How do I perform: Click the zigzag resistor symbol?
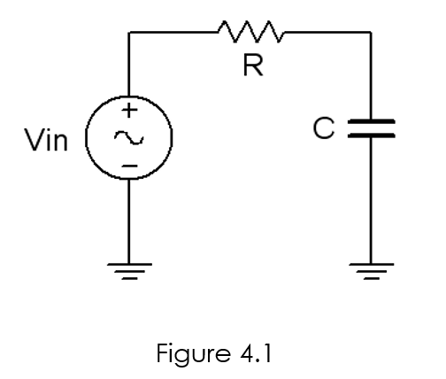[251, 35]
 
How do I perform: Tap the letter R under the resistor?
[252, 67]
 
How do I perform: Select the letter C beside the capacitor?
[324, 128]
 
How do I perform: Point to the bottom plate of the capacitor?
[371, 136]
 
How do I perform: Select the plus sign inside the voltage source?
[129, 112]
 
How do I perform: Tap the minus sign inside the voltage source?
[129, 166]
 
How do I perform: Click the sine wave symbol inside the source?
[129, 139]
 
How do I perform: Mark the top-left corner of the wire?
[129, 34]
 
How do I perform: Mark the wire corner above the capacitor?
[371, 34]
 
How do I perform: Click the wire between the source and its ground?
[129, 221]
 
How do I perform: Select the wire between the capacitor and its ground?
[371, 204]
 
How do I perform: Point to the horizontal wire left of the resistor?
[173, 34]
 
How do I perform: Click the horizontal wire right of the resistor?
[327, 34]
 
